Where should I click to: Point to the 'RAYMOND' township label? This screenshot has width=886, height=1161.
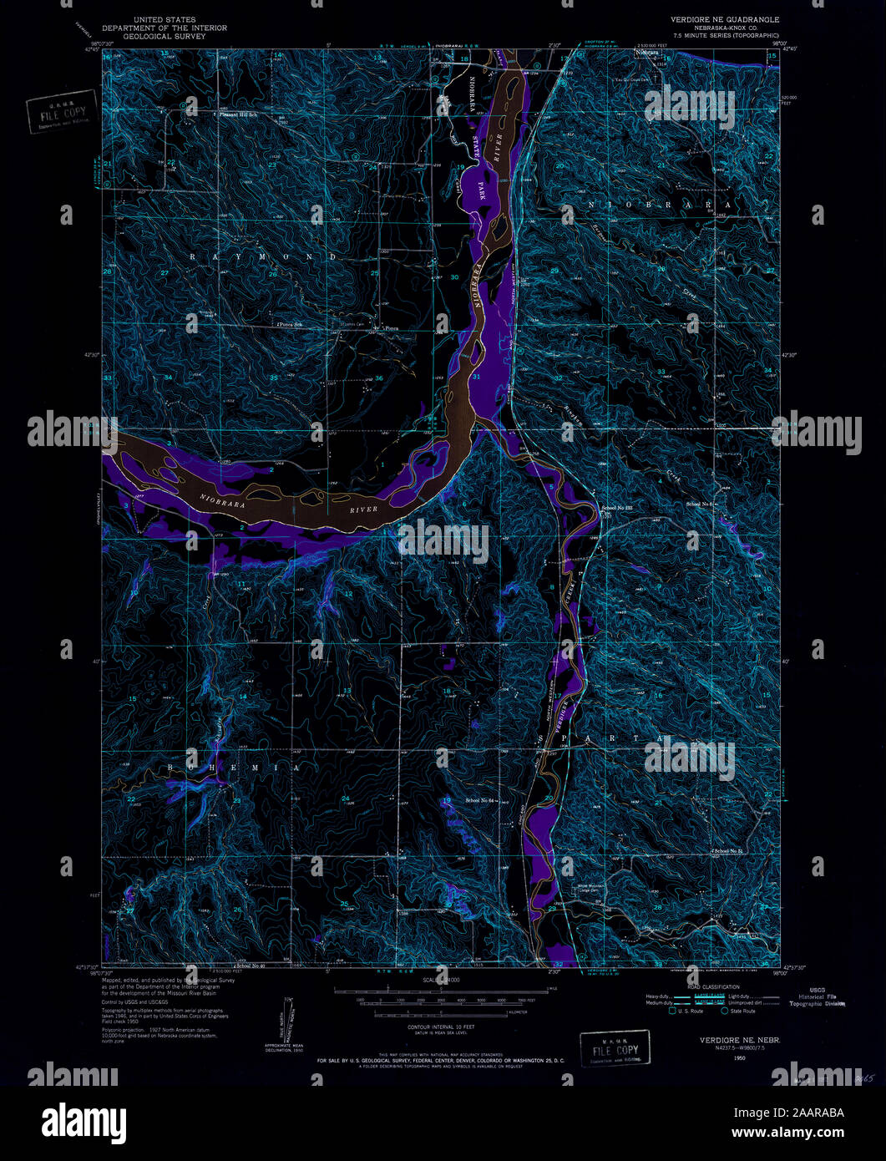point(262,257)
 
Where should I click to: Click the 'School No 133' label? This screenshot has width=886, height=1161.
point(617,507)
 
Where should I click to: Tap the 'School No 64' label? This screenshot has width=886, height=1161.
point(481,800)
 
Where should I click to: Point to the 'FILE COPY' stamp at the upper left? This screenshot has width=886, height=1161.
point(61,111)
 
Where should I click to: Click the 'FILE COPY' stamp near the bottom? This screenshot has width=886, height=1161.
point(615,1049)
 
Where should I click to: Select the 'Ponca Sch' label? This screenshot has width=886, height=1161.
point(288,324)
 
